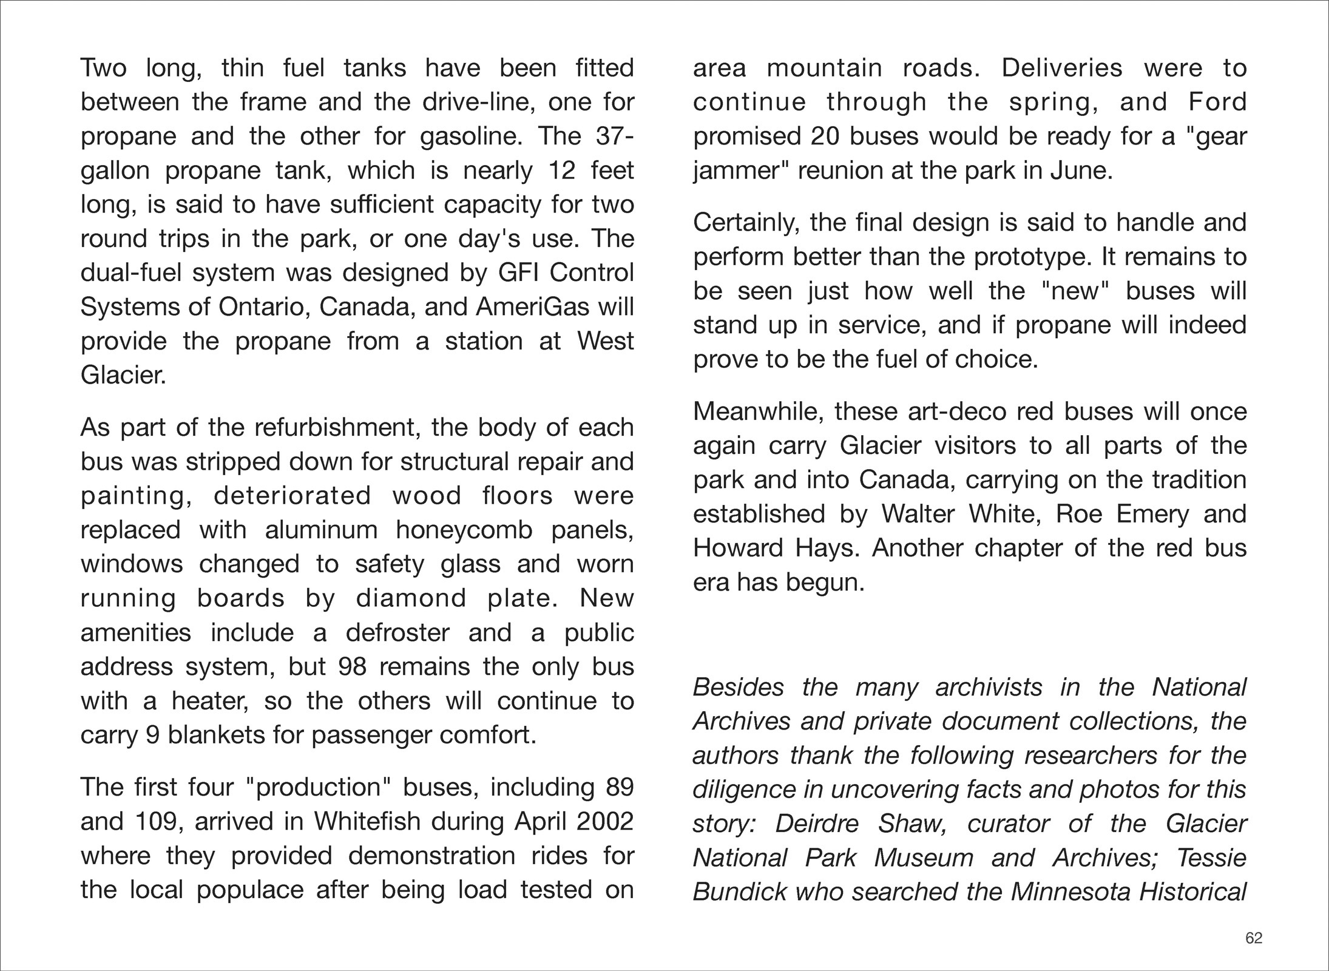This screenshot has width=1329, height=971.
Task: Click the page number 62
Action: pos(1254,938)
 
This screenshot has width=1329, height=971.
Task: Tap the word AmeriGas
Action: pos(532,307)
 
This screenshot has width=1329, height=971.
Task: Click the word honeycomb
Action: pos(464,530)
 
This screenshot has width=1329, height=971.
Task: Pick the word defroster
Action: pos(397,633)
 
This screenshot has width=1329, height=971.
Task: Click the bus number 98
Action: pos(353,667)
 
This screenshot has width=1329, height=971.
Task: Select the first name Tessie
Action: pos(1211,858)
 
